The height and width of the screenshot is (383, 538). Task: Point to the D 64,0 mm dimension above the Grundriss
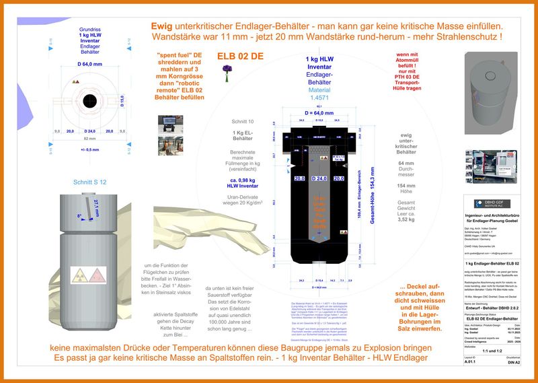[89, 64]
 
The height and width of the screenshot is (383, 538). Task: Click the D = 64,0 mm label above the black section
[319, 112]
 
